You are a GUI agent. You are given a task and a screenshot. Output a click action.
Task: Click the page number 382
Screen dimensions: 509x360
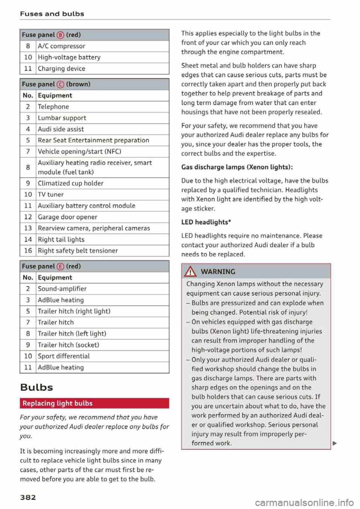[x=28, y=497]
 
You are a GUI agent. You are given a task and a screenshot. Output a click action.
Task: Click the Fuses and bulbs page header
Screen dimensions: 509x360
[x=52, y=14]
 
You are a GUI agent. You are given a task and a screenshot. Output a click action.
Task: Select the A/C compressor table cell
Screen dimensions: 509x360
[x=61, y=46]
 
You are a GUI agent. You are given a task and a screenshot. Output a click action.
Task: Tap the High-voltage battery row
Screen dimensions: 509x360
[x=69, y=57]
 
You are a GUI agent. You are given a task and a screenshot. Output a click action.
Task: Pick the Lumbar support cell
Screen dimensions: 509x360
[x=62, y=118]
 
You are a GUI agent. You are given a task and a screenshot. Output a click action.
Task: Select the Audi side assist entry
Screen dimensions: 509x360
[x=61, y=129]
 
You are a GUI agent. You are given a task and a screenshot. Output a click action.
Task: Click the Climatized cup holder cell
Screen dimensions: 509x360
[x=70, y=183]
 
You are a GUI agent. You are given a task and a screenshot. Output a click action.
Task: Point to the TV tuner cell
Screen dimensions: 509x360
[x=51, y=195]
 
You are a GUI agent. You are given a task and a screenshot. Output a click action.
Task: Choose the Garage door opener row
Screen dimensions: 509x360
[x=67, y=217]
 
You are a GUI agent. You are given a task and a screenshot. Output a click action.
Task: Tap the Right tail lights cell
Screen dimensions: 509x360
[x=61, y=240]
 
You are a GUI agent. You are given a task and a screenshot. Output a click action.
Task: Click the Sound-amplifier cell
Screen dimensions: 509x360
[x=62, y=289]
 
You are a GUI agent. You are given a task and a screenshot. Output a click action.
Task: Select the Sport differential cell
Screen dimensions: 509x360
[x=64, y=356]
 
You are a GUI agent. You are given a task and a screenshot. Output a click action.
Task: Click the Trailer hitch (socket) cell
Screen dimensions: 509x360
[x=69, y=345]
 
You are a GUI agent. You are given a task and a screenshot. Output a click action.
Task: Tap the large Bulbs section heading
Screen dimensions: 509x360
[x=36, y=387]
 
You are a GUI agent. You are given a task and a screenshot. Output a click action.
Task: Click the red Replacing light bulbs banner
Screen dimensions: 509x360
[x=94, y=403]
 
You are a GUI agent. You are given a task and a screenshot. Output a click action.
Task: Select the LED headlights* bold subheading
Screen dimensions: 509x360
[x=206, y=222]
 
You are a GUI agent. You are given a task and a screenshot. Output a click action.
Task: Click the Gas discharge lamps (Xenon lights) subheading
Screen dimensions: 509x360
[x=237, y=167]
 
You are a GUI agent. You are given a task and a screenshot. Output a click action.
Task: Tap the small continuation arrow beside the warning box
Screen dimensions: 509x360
[x=334, y=444]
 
